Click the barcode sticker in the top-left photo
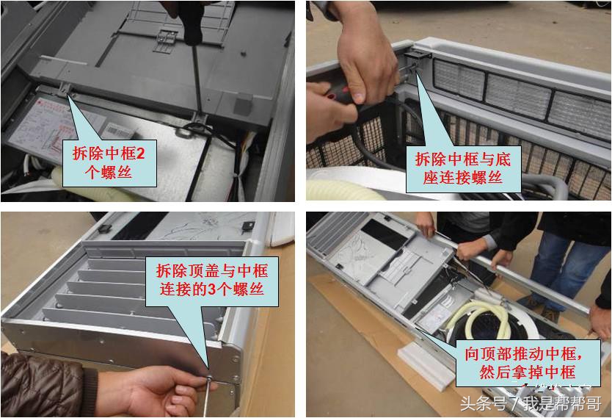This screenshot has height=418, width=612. click(x=117, y=128)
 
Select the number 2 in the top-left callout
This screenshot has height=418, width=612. click(x=142, y=154)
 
